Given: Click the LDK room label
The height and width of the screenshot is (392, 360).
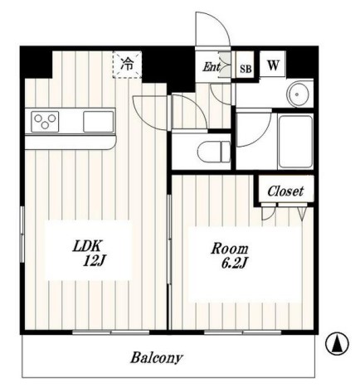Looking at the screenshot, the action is (x=88, y=245).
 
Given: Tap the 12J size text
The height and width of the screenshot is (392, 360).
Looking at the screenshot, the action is (x=95, y=261).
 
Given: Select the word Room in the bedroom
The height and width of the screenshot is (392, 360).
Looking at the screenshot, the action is (x=230, y=249).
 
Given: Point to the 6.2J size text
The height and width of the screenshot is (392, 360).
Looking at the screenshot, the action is (x=234, y=264).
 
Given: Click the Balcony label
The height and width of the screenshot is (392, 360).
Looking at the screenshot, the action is (x=157, y=358).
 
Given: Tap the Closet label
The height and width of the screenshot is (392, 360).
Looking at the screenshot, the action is (x=285, y=191).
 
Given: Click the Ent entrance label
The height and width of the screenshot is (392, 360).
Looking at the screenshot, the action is (x=212, y=66).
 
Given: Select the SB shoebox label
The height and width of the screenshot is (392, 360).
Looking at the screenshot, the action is (x=246, y=69).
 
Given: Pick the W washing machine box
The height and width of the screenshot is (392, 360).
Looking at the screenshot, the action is (x=273, y=65).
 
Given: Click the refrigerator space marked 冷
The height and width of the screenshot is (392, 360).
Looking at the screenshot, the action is (x=127, y=65).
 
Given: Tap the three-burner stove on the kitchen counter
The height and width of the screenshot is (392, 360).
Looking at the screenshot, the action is (x=45, y=122).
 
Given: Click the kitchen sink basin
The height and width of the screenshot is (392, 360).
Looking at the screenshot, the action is (x=99, y=122).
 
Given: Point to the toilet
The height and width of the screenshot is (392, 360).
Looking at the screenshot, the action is (x=214, y=152).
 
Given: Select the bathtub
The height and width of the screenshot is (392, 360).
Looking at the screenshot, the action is (x=295, y=142).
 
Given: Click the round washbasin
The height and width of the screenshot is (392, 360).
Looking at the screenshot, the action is (x=297, y=94).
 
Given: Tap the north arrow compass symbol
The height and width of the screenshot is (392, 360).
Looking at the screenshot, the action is (x=337, y=344).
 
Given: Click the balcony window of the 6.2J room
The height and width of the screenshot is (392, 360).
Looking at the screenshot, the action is (x=243, y=332).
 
